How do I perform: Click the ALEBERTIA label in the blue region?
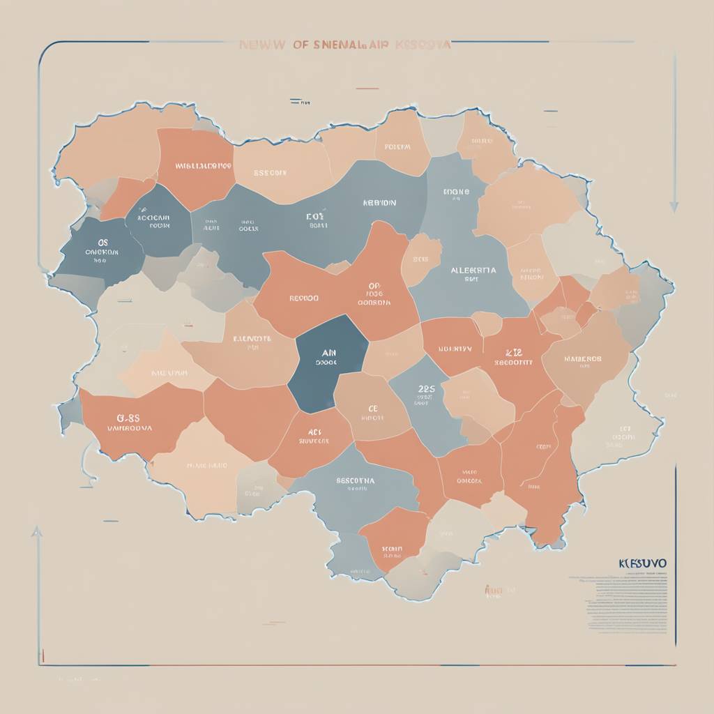click(x=473, y=270)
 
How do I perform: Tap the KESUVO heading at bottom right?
click(x=642, y=562)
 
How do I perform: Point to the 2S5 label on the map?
click(x=426, y=389)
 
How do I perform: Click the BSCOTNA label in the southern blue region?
click(x=355, y=480)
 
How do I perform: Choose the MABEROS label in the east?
click(x=582, y=359)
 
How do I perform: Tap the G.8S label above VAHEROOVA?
click(x=129, y=417)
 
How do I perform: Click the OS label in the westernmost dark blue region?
click(x=103, y=243)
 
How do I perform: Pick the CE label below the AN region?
click(x=372, y=409)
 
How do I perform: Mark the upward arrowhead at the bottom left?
click(x=37, y=532)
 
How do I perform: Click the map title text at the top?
click(x=344, y=45)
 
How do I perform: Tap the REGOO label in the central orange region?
click(x=303, y=298)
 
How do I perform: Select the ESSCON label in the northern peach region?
click(x=270, y=172)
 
